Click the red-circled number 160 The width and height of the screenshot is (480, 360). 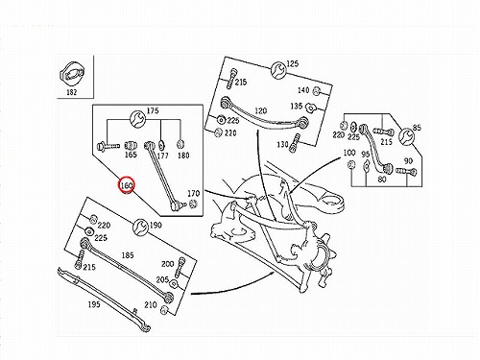pyautogui.click(x=126, y=185)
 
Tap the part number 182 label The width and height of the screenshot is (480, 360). pyautogui.click(x=72, y=92)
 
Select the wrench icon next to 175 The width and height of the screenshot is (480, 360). pyautogui.click(x=138, y=118)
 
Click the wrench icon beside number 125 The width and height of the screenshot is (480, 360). pyautogui.click(x=278, y=70)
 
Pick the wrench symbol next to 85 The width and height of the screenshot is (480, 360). pyautogui.click(x=406, y=136)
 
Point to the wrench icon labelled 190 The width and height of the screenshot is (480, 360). pyautogui.click(x=140, y=228)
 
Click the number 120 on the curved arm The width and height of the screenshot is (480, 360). pyautogui.click(x=261, y=111)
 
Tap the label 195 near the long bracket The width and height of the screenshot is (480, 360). pyautogui.click(x=94, y=304)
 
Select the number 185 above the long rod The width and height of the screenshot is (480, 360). pyautogui.click(x=128, y=255)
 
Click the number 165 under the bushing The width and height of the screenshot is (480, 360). pyautogui.click(x=131, y=155)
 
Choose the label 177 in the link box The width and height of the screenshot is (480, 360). pyautogui.click(x=162, y=156)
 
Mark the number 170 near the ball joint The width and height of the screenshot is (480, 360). pyautogui.click(x=193, y=193)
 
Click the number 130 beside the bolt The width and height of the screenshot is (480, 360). pyautogui.click(x=282, y=145)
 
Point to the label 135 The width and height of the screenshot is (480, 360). pyautogui.click(x=297, y=106)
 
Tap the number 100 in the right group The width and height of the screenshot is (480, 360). pyautogui.click(x=349, y=153)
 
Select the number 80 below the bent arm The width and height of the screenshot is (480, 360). pyautogui.click(x=382, y=180)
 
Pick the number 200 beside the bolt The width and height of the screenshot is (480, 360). pyautogui.click(x=168, y=264)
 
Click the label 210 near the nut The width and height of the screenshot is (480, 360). pyautogui.click(x=151, y=304)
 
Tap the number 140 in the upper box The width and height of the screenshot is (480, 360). pyautogui.click(x=303, y=90)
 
